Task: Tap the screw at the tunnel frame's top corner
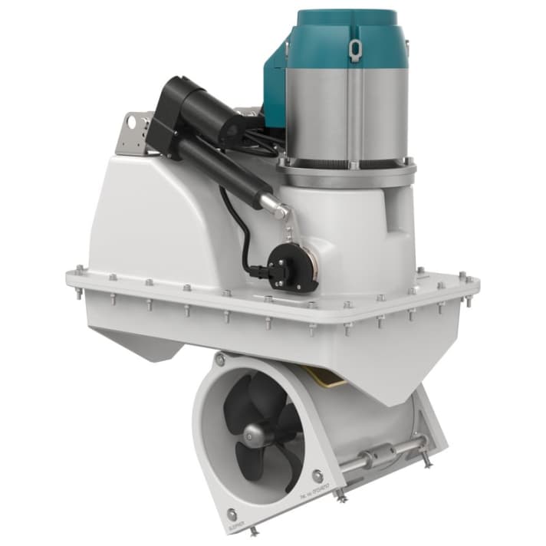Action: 220,360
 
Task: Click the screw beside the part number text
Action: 317,475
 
